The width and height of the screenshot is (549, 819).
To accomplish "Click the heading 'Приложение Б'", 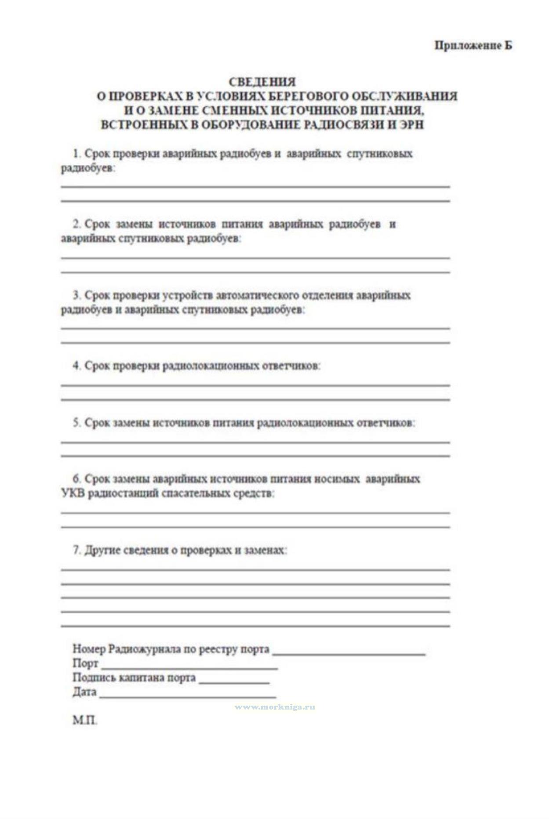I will coord(473,45).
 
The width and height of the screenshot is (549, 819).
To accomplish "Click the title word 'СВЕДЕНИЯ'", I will coord(262,82).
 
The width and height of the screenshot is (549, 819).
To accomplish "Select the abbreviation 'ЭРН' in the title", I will coord(411,125).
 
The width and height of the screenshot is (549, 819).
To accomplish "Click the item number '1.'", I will coord(77,154).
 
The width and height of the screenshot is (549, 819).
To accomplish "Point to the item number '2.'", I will coord(77,224).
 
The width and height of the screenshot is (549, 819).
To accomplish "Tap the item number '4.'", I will coord(77,366).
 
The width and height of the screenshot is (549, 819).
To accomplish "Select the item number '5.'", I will coord(77,423).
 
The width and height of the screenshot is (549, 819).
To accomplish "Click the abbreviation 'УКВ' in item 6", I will coord(73,493).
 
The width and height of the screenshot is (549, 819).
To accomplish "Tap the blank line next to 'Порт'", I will coord(189,667).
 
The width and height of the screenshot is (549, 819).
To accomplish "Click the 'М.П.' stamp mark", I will coord(85,721).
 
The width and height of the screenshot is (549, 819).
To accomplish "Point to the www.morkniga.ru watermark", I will coord(274,707).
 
